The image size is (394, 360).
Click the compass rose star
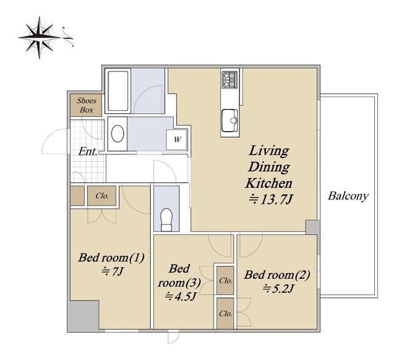point(39,38)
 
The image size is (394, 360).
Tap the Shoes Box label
point(86,105)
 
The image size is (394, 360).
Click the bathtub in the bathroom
point(118,90)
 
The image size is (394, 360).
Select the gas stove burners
point(230,79)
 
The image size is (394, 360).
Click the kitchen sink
point(230,120)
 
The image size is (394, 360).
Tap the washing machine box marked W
point(177,140)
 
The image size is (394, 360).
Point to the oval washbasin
point(118,134)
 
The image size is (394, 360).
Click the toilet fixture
point(166,219)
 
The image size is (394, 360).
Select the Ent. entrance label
point(87,151)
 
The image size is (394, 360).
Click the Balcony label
point(348,196)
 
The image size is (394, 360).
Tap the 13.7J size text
point(271,200)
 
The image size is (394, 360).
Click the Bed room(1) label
point(111,257)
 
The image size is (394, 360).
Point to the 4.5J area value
point(180,297)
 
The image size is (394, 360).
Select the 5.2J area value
point(278,289)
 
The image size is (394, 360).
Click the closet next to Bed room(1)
point(102,196)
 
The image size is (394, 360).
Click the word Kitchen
point(268,183)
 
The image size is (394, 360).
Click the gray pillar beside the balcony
point(312,227)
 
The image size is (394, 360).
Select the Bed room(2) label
point(277,275)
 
